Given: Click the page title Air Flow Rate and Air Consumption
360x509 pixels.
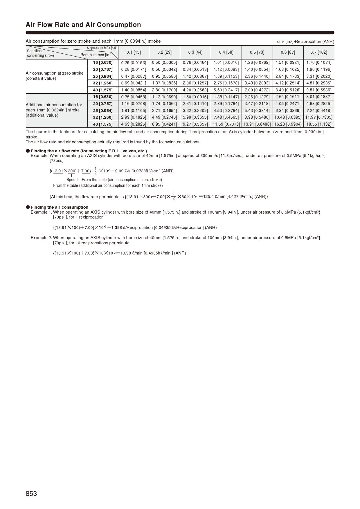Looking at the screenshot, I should point(83,25).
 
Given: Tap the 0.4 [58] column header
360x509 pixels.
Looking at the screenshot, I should point(226,53).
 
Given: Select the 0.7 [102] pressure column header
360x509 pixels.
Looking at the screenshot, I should point(318,53).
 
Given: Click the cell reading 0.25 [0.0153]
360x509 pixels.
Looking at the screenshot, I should point(134,63).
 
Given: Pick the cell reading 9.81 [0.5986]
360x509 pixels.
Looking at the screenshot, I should point(318,90).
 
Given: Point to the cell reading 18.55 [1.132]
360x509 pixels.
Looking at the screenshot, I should point(318,124).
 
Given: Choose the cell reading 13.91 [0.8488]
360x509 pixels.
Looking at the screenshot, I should point(257,124).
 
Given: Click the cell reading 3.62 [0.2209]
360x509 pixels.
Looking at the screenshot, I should point(195,111).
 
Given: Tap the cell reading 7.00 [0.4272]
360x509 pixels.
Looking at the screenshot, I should point(257,90).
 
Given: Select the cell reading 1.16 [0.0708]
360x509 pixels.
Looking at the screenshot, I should point(134,104).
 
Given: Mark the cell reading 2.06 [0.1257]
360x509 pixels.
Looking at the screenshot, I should point(195,83).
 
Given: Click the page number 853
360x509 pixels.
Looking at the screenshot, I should point(31,494).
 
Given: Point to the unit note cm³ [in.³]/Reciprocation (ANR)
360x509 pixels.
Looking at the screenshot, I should point(305,41).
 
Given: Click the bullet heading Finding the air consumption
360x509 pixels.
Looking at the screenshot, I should point(59,207).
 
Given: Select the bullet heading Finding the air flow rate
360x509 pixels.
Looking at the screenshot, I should point(89,151).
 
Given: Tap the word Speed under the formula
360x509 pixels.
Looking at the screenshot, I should point(72,180).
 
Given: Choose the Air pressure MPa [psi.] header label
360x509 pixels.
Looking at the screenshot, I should point(102,48).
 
